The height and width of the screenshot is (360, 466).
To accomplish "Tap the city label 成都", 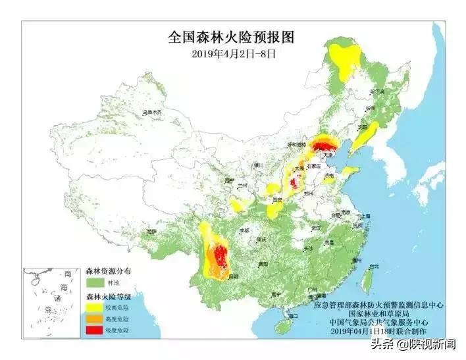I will [245, 231].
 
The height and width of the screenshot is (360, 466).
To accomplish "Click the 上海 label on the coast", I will [366, 216].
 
